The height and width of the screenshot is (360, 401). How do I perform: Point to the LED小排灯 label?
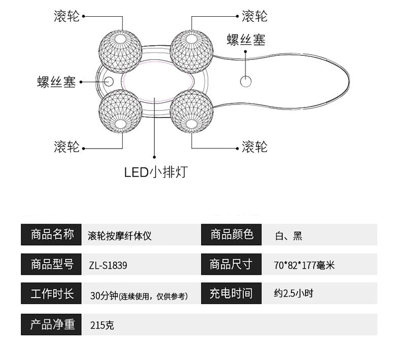click(156, 172)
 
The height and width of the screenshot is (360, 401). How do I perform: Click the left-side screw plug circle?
click(108, 80)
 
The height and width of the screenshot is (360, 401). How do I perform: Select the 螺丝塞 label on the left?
click(56, 82)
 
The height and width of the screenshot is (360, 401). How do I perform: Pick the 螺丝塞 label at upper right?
click(246, 39)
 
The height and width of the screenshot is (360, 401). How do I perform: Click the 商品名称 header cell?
click(52, 234)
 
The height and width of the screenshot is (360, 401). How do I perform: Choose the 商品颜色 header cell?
click(231, 234)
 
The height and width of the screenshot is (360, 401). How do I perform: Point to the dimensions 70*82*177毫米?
click(304, 265)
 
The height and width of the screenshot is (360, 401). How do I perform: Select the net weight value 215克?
click(102, 325)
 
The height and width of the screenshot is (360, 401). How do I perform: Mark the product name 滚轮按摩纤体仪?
click(120, 235)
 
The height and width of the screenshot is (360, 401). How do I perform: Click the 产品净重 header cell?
click(52, 325)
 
